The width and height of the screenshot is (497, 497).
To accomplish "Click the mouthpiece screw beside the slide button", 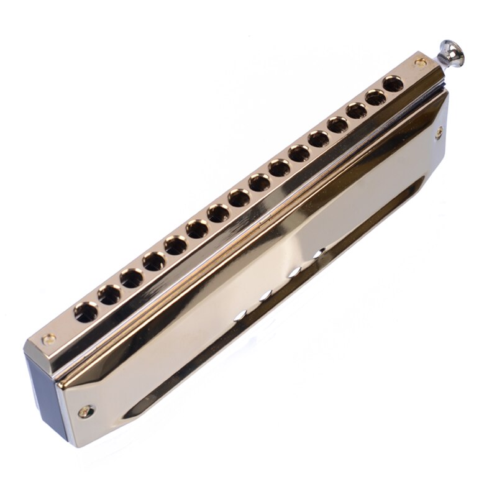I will point(421,62).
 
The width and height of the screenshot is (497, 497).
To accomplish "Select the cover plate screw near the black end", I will point(85,411).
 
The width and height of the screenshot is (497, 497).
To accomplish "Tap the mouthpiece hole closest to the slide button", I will point(392,84).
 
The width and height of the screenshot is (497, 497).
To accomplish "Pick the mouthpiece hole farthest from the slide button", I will point(86,312).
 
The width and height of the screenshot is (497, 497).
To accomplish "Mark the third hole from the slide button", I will point(356,111).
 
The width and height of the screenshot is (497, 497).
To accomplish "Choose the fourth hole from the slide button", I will point(337,125).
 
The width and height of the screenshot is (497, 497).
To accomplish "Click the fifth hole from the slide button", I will point(319,139).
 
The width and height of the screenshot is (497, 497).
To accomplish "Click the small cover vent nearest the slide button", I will point(318,252).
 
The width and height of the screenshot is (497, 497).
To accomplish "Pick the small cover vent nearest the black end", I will point(240,314).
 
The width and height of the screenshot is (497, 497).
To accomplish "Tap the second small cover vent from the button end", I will point(294,271).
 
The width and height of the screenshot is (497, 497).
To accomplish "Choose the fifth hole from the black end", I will point(175,245).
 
